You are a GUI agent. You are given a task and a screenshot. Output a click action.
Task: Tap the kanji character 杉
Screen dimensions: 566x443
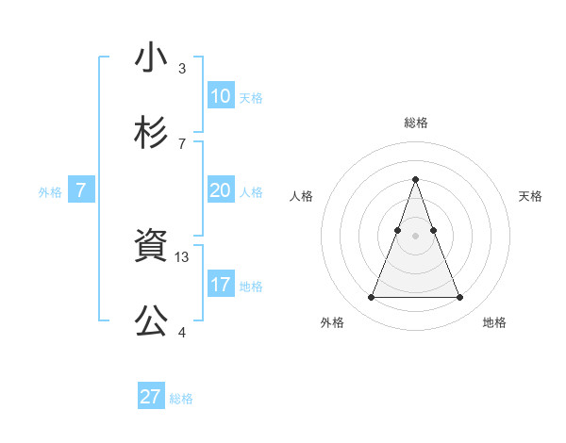coord(152,133)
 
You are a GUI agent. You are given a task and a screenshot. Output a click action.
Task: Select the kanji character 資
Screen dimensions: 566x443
coord(152,247)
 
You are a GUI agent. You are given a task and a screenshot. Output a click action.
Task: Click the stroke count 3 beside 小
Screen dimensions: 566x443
coord(182,68)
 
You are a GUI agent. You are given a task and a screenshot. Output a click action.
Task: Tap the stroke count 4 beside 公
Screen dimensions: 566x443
coord(182,332)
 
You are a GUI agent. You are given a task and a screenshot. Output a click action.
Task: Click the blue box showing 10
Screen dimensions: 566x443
coord(221,96)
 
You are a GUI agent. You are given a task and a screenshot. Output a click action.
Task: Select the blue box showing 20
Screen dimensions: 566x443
coord(221,190)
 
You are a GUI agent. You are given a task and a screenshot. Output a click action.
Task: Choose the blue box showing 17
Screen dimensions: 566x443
coord(221,285)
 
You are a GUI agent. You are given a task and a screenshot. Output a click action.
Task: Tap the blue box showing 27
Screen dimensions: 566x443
coord(151,397)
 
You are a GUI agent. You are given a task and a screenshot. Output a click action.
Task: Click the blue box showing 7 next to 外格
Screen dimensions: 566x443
coord(81,190)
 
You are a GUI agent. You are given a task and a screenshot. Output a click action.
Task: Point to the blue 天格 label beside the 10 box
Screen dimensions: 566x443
coord(251,97)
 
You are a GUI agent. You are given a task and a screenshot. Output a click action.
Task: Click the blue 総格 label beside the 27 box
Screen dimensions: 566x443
coord(181,398)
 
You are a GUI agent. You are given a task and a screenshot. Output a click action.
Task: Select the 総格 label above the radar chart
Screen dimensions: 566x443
coord(415,123)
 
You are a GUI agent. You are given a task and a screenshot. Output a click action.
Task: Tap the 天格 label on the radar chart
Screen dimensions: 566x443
coord(531,196)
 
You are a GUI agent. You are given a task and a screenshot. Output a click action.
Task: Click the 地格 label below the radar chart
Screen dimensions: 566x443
coord(494,322)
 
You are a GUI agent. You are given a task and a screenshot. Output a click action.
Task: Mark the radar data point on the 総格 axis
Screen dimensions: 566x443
coord(415,179)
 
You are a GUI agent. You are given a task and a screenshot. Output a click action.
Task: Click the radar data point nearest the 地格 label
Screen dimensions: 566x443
coord(459,298)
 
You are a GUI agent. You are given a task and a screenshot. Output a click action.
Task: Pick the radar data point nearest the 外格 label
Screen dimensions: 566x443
coord(371,298)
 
